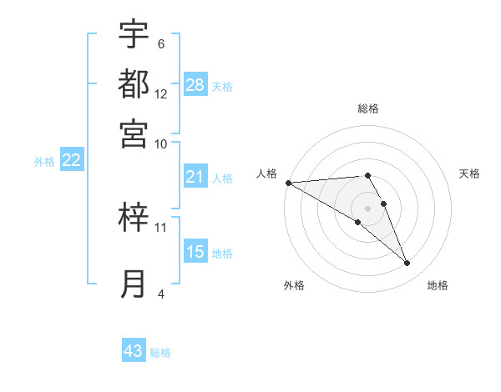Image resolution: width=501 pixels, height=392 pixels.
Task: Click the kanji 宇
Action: [x=134, y=35]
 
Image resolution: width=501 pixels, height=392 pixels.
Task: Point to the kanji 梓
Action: [x=134, y=218]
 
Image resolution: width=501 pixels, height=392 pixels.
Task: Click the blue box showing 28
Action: [x=195, y=84]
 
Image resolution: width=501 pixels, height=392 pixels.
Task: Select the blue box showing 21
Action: [x=195, y=176]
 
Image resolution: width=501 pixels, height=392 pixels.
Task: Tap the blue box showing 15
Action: [x=195, y=252]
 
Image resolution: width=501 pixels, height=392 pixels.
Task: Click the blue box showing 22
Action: [x=71, y=160]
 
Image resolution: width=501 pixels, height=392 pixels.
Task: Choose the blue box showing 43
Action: [x=134, y=351]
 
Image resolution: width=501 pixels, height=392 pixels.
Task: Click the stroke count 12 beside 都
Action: [x=161, y=94]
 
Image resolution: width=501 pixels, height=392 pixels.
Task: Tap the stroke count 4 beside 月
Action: [x=161, y=293]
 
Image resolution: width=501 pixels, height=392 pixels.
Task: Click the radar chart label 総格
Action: [x=368, y=108]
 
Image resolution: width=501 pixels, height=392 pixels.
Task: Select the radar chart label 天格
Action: [x=469, y=173]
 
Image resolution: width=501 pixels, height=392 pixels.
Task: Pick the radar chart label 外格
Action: [x=294, y=285]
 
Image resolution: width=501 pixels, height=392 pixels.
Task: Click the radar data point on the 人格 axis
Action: [x=288, y=183]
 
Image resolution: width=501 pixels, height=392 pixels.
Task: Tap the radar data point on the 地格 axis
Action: [x=407, y=264]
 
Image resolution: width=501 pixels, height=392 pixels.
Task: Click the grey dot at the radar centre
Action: [x=368, y=208]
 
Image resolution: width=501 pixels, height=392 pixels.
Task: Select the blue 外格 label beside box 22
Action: [x=44, y=161]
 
